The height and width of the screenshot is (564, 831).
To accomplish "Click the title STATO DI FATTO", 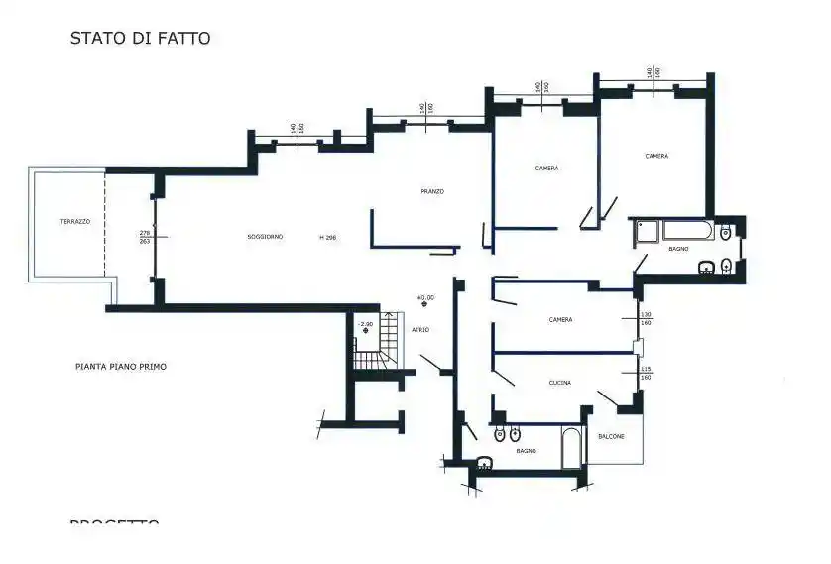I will pyautogui.click(x=140, y=39).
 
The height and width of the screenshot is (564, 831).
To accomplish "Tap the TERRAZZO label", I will pyautogui.click(x=74, y=222).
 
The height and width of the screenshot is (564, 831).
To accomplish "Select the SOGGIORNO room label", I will pyautogui.click(x=265, y=237).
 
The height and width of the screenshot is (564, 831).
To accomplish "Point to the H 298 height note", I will pyautogui.click(x=327, y=238).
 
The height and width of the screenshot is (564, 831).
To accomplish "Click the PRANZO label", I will pyautogui.click(x=431, y=191).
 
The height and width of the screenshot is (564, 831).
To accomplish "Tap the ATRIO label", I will pyautogui.click(x=420, y=330).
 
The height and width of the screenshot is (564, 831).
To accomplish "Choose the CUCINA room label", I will pyautogui.click(x=559, y=382).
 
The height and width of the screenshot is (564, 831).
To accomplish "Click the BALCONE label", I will pyautogui.click(x=611, y=436).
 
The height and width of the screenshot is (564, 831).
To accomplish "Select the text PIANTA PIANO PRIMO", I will pyautogui.click(x=121, y=367).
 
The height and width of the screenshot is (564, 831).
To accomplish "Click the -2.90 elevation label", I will pyautogui.click(x=365, y=324).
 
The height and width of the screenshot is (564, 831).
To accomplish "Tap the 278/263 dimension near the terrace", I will pyautogui.click(x=145, y=237).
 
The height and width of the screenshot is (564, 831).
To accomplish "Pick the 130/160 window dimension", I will pyautogui.click(x=645, y=319).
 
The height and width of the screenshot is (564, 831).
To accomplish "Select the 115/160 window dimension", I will pyautogui.click(x=645, y=374).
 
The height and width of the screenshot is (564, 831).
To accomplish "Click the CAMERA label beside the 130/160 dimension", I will pyautogui.click(x=560, y=320).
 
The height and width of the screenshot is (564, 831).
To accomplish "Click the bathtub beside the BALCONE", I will pyautogui.click(x=572, y=448).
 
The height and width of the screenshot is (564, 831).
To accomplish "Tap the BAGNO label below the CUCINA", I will pyautogui.click(x=526, y=451).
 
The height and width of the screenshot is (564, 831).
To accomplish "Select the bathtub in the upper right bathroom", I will pyautogui.click(x=686, y=231).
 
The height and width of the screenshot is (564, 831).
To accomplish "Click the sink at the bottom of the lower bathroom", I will pyautogui.click(x=484, y=461).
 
